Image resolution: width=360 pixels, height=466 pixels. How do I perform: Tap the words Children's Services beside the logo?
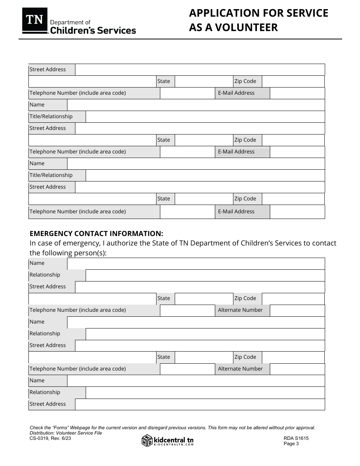pos(93,31)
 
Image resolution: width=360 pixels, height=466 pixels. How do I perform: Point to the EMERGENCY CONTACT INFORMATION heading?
pos(96,233)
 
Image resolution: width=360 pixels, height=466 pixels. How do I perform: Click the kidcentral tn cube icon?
pos(147,440)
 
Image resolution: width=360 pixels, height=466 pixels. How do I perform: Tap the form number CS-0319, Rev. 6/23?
pos(50,438)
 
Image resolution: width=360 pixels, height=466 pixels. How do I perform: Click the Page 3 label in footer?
pos(291,444)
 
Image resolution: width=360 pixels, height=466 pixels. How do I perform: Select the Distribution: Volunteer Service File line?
pos(66,433)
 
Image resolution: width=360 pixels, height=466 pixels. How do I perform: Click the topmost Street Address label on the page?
pos(48,69)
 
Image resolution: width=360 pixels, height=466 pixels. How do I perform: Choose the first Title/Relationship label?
pos(51,116)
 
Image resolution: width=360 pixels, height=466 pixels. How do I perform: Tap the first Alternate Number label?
pos(240,310)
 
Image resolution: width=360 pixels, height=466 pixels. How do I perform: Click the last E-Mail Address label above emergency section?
pos(236,211)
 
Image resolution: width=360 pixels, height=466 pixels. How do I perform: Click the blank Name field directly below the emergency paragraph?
pos(196,263)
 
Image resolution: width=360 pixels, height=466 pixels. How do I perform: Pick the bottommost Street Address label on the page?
pos(48,404)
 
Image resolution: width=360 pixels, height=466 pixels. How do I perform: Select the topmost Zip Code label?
pos(245,81)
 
